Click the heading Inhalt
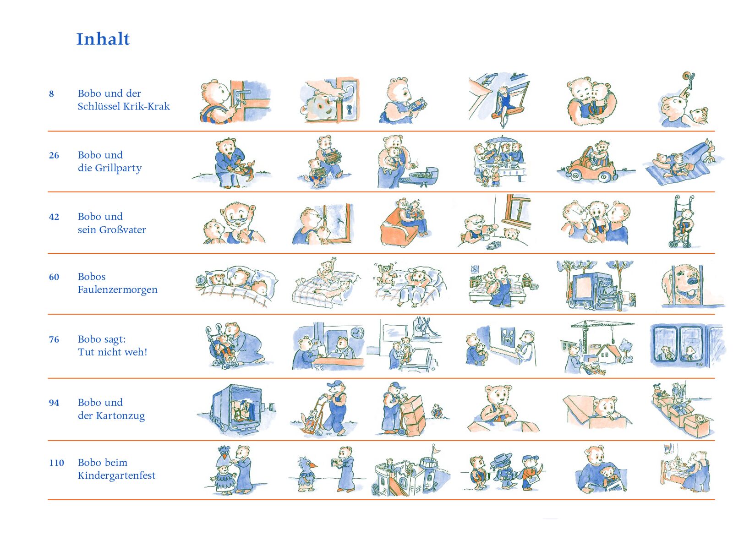click(x=103, y=39)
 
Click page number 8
click(x=51, y=93)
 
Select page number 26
click(x=54, y=155)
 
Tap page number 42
click(x=54, y=217)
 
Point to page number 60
click(x=54, y=277)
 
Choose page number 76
click(x=54, y=339)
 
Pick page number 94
click(x=54, y=403)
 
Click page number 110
click(x=56, y=463)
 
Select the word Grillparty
click(x=118, y=168)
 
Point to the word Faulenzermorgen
click(x=118, y=289)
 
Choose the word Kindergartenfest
click(x=116, y=475)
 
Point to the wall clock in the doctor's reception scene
click(x=357, y=333)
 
